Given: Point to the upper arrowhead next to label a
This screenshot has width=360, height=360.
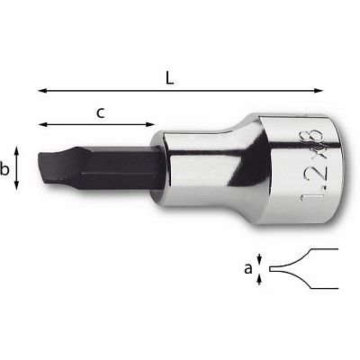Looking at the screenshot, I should tap(260, 258).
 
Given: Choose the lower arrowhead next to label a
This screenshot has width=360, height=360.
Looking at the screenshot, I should tap(260, 279).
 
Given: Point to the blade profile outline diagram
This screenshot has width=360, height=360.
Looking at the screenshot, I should tap(301, 268).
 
